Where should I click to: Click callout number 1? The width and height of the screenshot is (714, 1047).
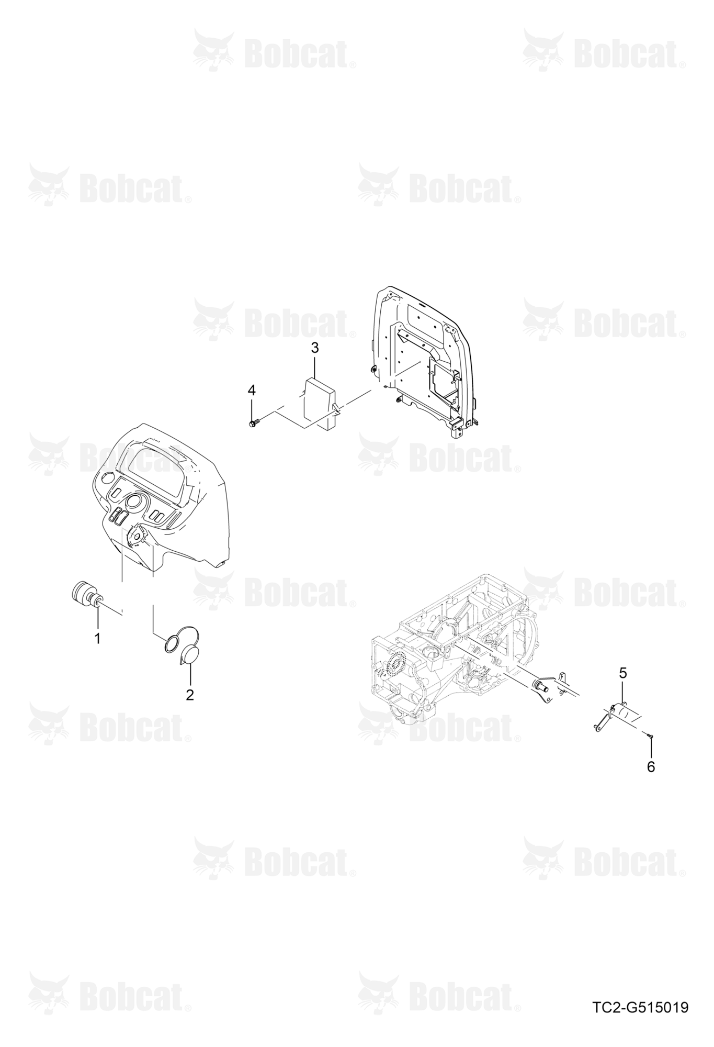(x=97, y=639)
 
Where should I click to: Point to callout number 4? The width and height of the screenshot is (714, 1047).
(x=252, y=390)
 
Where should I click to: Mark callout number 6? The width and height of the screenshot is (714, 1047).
(x=651, y=767)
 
